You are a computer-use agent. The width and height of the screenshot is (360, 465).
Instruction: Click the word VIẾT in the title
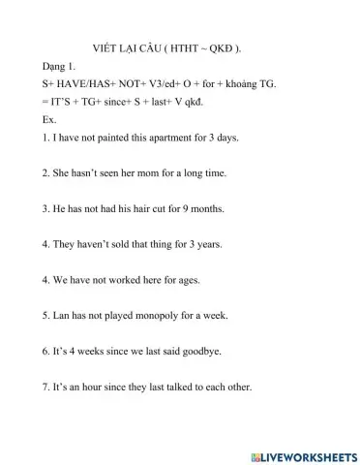pos(103,46)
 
